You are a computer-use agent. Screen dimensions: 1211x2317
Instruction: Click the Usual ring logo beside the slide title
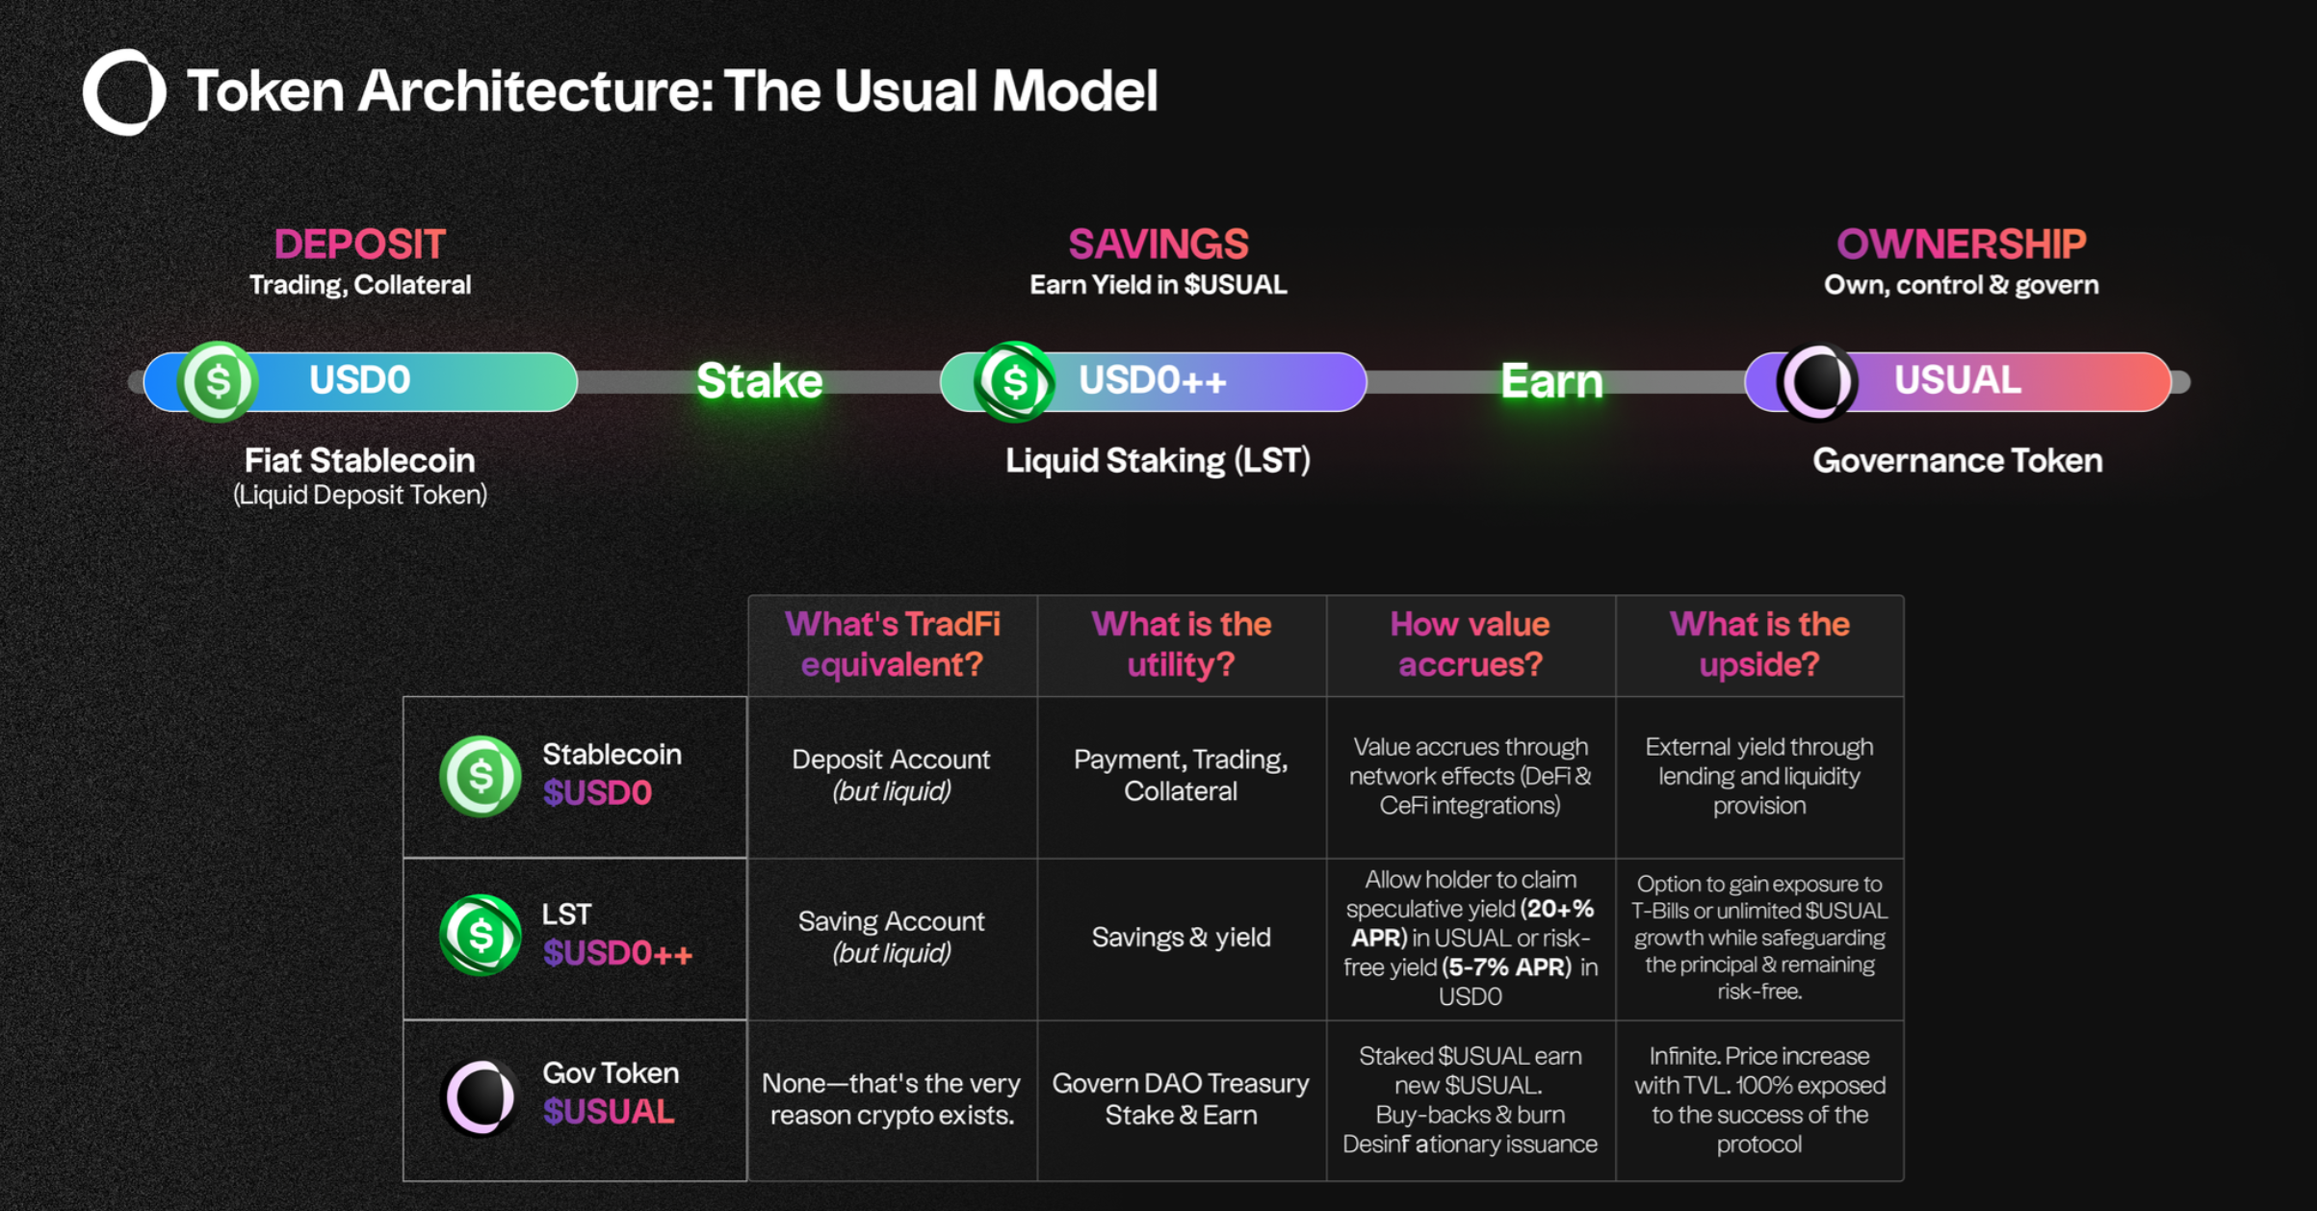tap(124, 91)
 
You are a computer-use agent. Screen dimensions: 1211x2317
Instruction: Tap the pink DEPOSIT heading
tap(359, 245)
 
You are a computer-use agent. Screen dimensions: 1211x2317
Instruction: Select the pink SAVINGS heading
tap(1158, 245)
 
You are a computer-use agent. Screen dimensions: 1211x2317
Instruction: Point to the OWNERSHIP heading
tap(1961, 245)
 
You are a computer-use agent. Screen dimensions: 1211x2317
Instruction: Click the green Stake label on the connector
tap(759, 381)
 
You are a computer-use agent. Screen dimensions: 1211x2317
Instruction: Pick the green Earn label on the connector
tap(1551, 381)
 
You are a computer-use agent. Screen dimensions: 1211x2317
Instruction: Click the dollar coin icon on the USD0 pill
tap(219, 381)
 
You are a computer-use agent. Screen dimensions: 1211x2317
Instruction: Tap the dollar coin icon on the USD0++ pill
tap(1014, 381)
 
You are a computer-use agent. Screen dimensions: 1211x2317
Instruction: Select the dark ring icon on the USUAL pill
tap(1817, 381)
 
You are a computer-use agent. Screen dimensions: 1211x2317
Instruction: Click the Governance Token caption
tap(1957, 461)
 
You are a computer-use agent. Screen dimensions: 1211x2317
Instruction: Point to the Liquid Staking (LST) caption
tap(1158, 461)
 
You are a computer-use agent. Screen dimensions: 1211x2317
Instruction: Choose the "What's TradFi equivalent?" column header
tap(892, 644)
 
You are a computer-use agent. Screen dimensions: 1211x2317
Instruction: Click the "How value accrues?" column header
tap(1470, 644)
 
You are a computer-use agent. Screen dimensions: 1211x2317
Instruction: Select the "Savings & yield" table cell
tap(1181, 938)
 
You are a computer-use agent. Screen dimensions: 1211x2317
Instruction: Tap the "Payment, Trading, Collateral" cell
tap(1181, 775)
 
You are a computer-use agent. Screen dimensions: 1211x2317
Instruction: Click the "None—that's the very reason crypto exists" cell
tap(892, 1098)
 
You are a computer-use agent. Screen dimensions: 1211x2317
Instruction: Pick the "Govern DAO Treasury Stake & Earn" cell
tap(1181, 1098)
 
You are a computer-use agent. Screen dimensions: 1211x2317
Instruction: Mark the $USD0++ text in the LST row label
tap(617, 953)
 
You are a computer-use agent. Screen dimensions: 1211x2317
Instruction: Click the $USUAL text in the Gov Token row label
tap(609, 1112)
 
